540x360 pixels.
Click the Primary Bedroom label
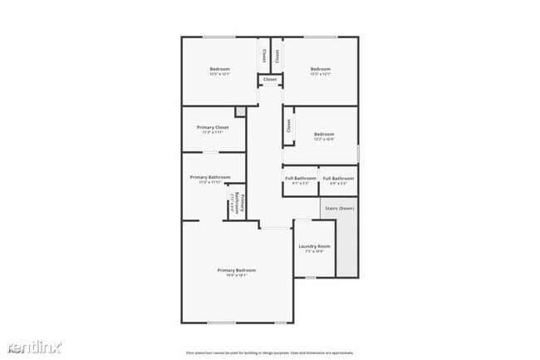click(x=236, y=270)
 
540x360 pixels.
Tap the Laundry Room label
click(x=314, y=246)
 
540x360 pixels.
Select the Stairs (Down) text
click(x=340, y=209)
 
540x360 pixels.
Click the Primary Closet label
click(x=213, y=127)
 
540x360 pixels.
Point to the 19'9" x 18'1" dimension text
click(x=236, y=275)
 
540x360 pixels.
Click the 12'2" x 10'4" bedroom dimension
click(x=323, y=139)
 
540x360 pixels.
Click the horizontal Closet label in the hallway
click(x=270, y=80)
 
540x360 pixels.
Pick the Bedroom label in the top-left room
click(x=219, y=69)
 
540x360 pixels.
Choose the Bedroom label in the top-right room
click(x=321, y=69)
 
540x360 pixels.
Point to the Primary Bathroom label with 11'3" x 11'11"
click(x=209, y=177)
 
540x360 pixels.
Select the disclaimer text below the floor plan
click(x=270, y=352)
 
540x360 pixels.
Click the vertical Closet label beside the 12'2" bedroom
click(x=288, y=126)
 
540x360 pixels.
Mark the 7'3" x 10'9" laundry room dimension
click(x=314, y=251)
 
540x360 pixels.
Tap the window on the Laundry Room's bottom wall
click(x=310, y=278)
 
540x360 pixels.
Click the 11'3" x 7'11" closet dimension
click(x=213, y=132)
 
